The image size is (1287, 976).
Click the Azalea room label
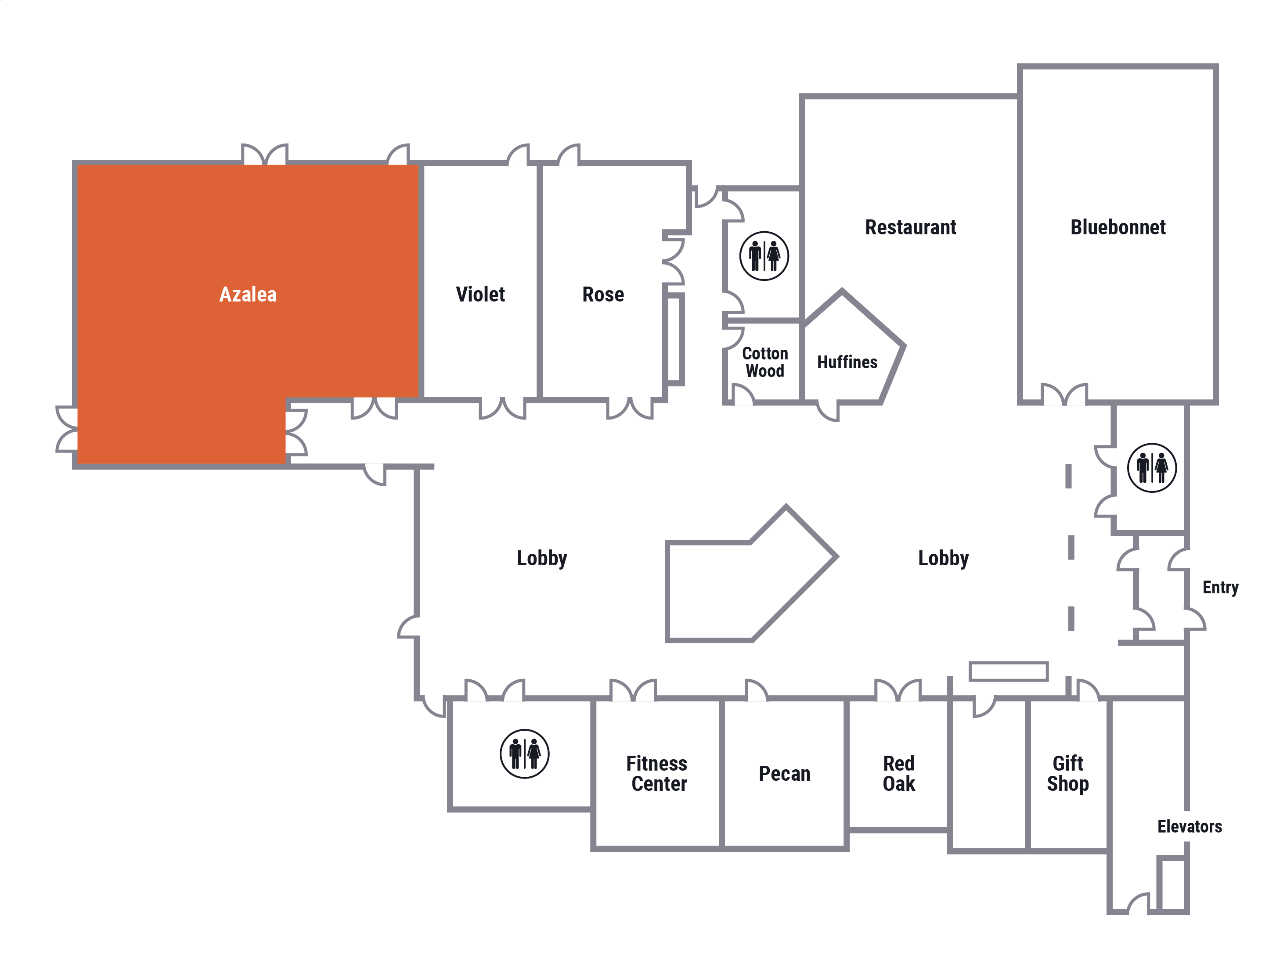pos(248,294)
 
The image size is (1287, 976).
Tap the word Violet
pos(480,294)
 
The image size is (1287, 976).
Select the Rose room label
pos(603,294)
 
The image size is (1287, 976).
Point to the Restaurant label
pos(911,227)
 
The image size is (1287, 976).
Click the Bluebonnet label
pos(1118,227)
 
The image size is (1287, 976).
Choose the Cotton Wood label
pos(765,362)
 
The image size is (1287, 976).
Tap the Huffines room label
pos(847,362)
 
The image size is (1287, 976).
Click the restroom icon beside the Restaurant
pos(764,256)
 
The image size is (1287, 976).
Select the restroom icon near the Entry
pos(1152,468)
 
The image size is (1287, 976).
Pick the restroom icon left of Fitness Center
pos(524,754)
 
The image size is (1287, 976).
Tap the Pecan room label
pos(784,774)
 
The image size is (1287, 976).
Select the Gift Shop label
pos(1067,774)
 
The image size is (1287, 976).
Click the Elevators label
pos(1189,826)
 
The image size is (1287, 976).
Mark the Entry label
pos(1221,588)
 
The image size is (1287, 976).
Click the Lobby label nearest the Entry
pos(943,558)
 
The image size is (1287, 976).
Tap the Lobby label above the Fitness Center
pos(542,558)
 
